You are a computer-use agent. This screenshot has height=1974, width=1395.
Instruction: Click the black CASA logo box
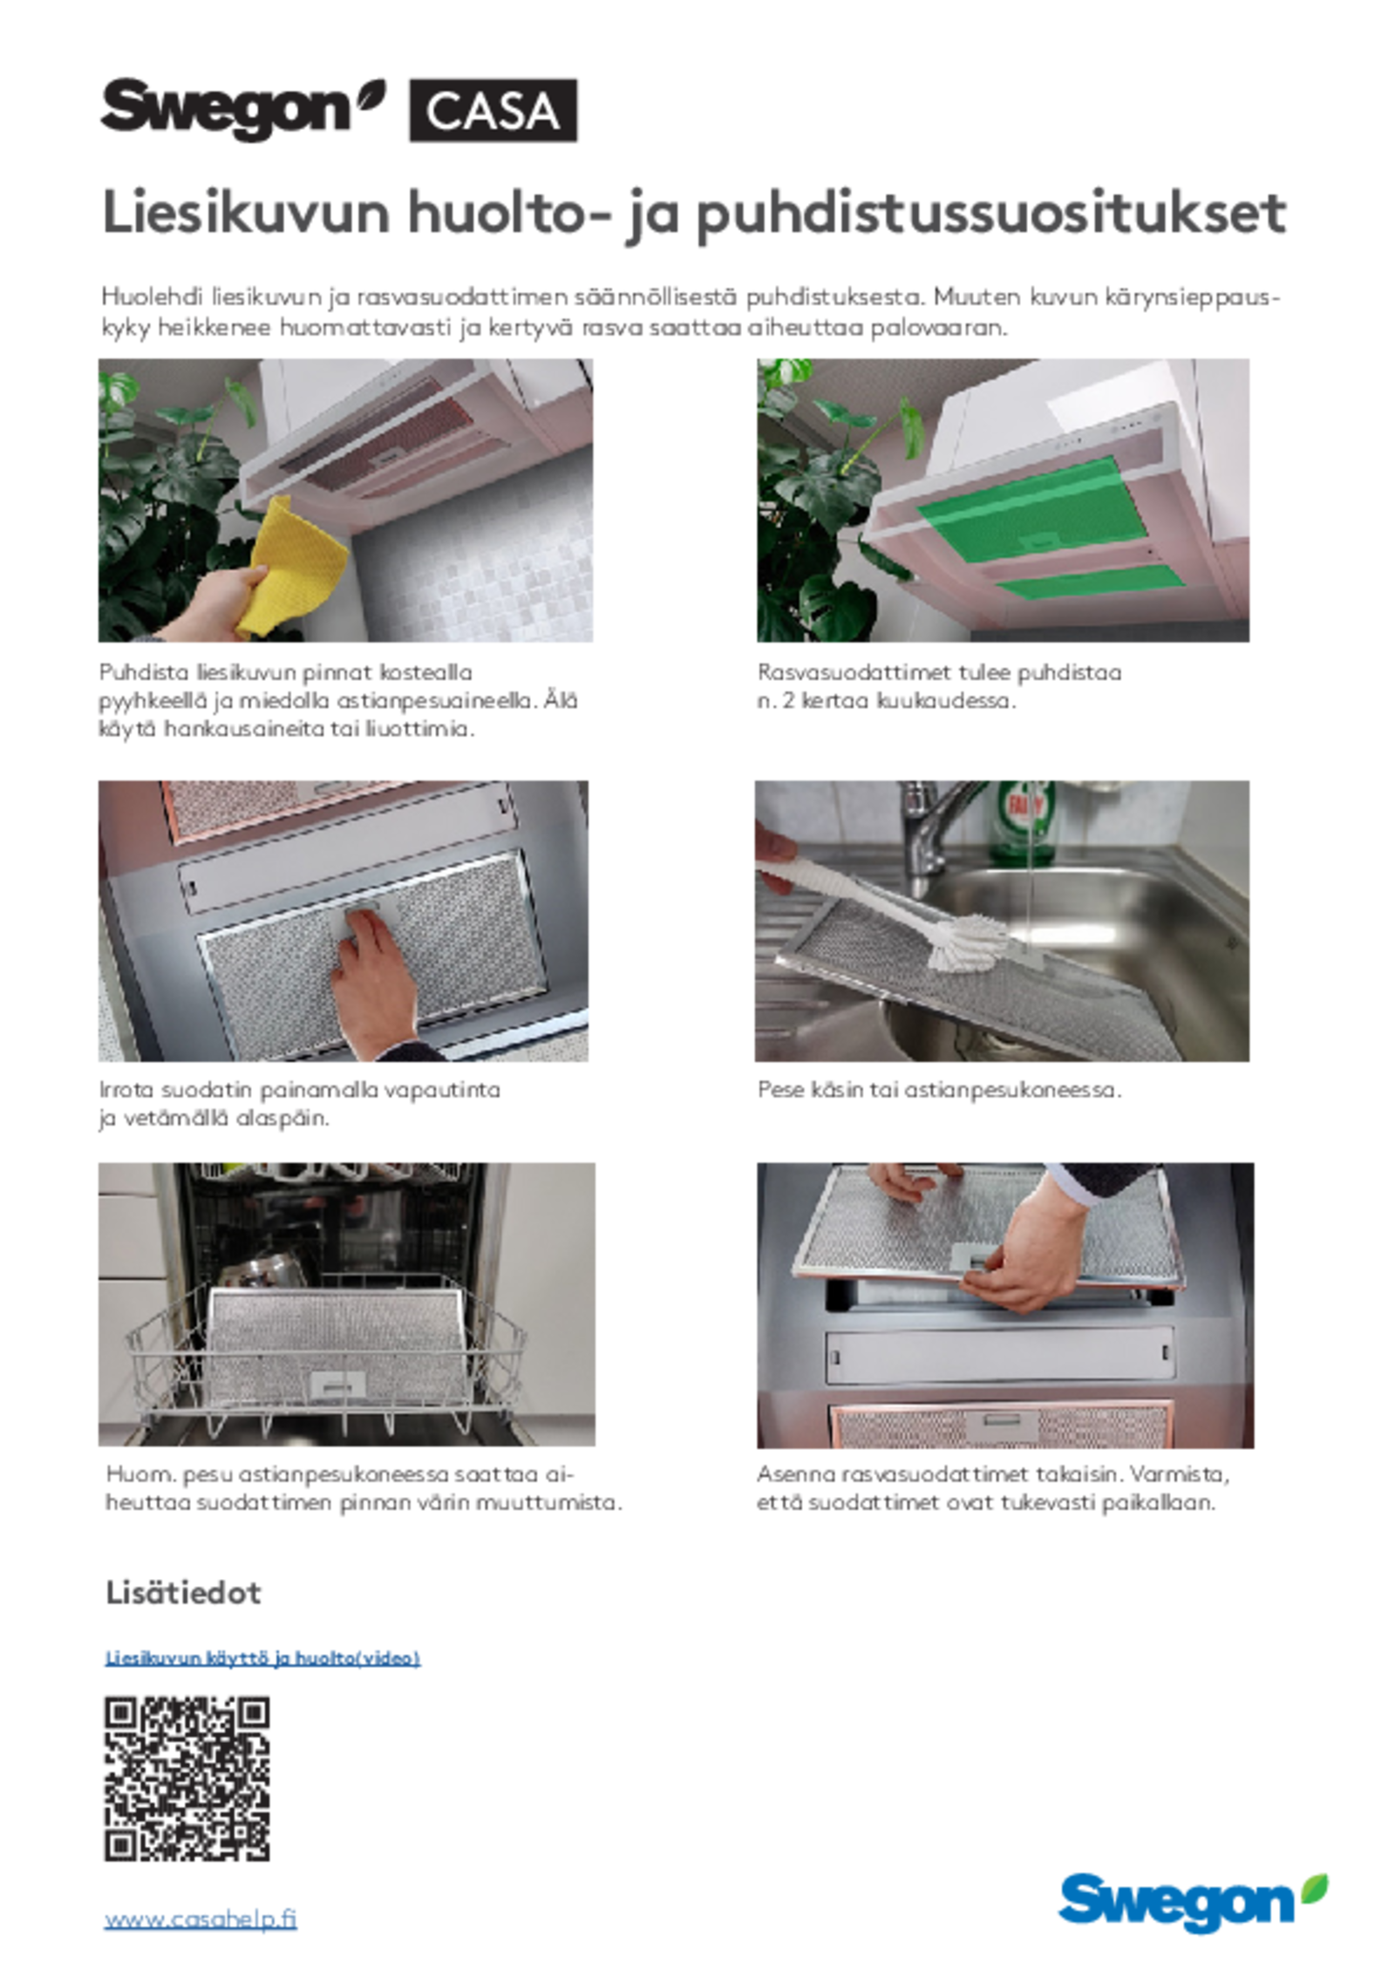pyautogui.click(x=493, y=110)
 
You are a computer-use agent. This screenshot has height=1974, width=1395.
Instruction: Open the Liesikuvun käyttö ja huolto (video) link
pyautogui.click(x=262, y=1657)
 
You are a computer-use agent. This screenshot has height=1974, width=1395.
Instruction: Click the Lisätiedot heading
pyautogui.click(x=183, y=1593)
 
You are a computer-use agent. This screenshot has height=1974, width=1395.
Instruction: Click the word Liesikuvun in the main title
pyautogui.click(x=246, y=213)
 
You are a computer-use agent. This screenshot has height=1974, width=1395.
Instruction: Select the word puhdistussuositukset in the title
pyautogui.click(x=990, y=215)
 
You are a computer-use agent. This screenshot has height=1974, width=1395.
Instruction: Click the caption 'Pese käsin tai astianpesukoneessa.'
pyautogui.click(x=939, y=1089)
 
